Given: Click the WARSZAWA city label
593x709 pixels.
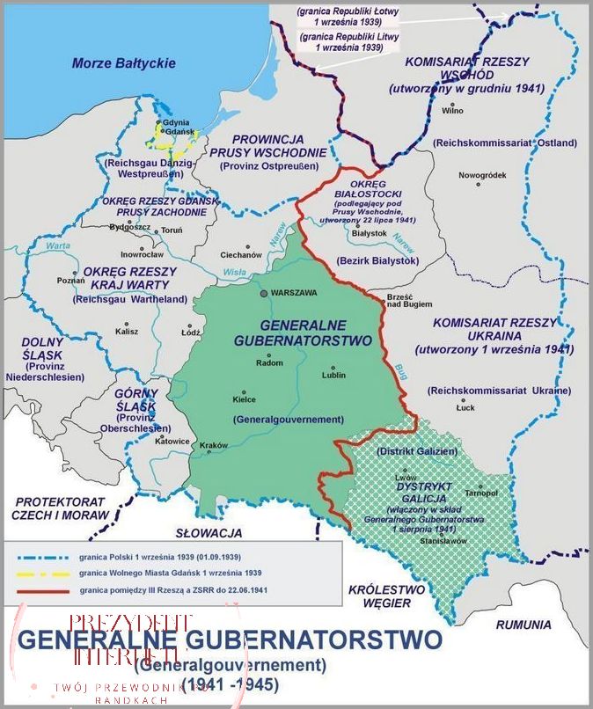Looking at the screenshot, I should [294, 292].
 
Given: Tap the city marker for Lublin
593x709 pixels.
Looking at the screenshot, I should [333, 368].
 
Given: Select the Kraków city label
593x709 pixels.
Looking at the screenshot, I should [214, 446].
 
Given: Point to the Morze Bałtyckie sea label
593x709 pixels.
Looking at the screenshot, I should [123, 63].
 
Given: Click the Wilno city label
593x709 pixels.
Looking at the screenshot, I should [453, 111].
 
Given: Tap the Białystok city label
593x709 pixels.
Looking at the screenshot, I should [369, 233].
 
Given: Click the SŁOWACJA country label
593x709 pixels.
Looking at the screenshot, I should [209, 533].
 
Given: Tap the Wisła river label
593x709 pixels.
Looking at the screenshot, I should [234, 273].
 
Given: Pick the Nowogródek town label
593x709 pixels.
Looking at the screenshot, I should [482, 175].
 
